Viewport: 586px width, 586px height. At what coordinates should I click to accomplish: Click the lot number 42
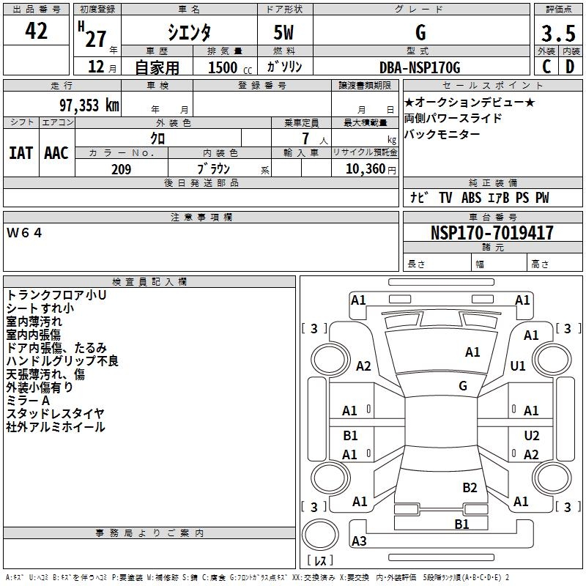click(x=36, y=31)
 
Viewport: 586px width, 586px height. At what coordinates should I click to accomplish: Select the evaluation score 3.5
click(x=558, y=33)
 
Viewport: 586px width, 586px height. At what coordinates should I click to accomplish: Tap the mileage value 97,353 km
click(x=89, y=105)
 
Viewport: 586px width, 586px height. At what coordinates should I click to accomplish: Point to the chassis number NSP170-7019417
click(x=492, y=232)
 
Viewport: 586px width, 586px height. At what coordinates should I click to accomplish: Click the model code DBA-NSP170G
click(x=420, y=67)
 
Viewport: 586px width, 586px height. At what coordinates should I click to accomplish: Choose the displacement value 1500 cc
click(x=230, y=67)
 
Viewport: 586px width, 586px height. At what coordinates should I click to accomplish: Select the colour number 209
click(x=122, y=169)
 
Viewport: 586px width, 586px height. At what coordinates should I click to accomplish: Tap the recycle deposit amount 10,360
click(x=366, y=169)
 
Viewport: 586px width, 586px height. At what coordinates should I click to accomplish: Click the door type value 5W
click(x=283, y=32)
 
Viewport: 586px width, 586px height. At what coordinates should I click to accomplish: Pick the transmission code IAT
click(x=21, y=153)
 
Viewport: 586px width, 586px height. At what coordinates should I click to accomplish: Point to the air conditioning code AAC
click(x=56, y=153)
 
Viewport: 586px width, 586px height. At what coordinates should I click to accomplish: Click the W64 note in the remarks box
click(x=24, y=233)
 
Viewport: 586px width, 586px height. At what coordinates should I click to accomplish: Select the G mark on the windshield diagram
click(x=463, y=386)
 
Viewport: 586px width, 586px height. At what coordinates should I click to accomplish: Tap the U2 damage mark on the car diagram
click(x=532, y=436)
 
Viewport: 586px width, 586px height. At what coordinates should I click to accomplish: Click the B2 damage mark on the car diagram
click(x=470, y=488)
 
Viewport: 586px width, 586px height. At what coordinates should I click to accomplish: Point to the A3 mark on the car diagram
click(x=359, y=541)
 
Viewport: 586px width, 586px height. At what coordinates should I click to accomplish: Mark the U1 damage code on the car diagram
click(x=518, y=366)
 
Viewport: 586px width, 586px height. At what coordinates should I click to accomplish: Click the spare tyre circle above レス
click(x=320, y=534)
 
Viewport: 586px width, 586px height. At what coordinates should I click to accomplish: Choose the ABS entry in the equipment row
click(x=471, y=198)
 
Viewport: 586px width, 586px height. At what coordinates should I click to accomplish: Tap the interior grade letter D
click(x=570, y=67)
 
